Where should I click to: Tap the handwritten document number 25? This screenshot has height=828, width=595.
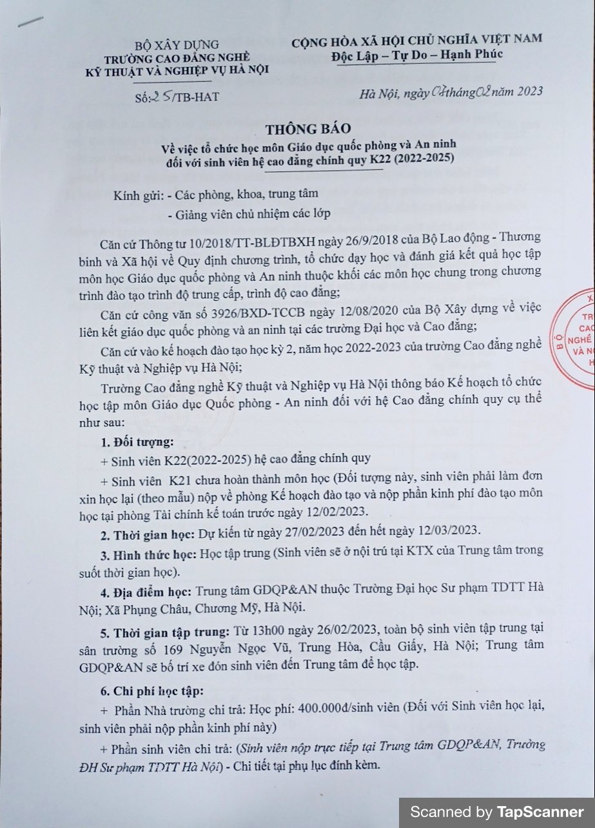[x=160, y=97]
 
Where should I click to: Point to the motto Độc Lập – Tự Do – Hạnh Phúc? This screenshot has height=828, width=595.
[x=417, y=53]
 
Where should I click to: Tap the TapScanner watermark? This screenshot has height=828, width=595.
[x=497, y=811]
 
